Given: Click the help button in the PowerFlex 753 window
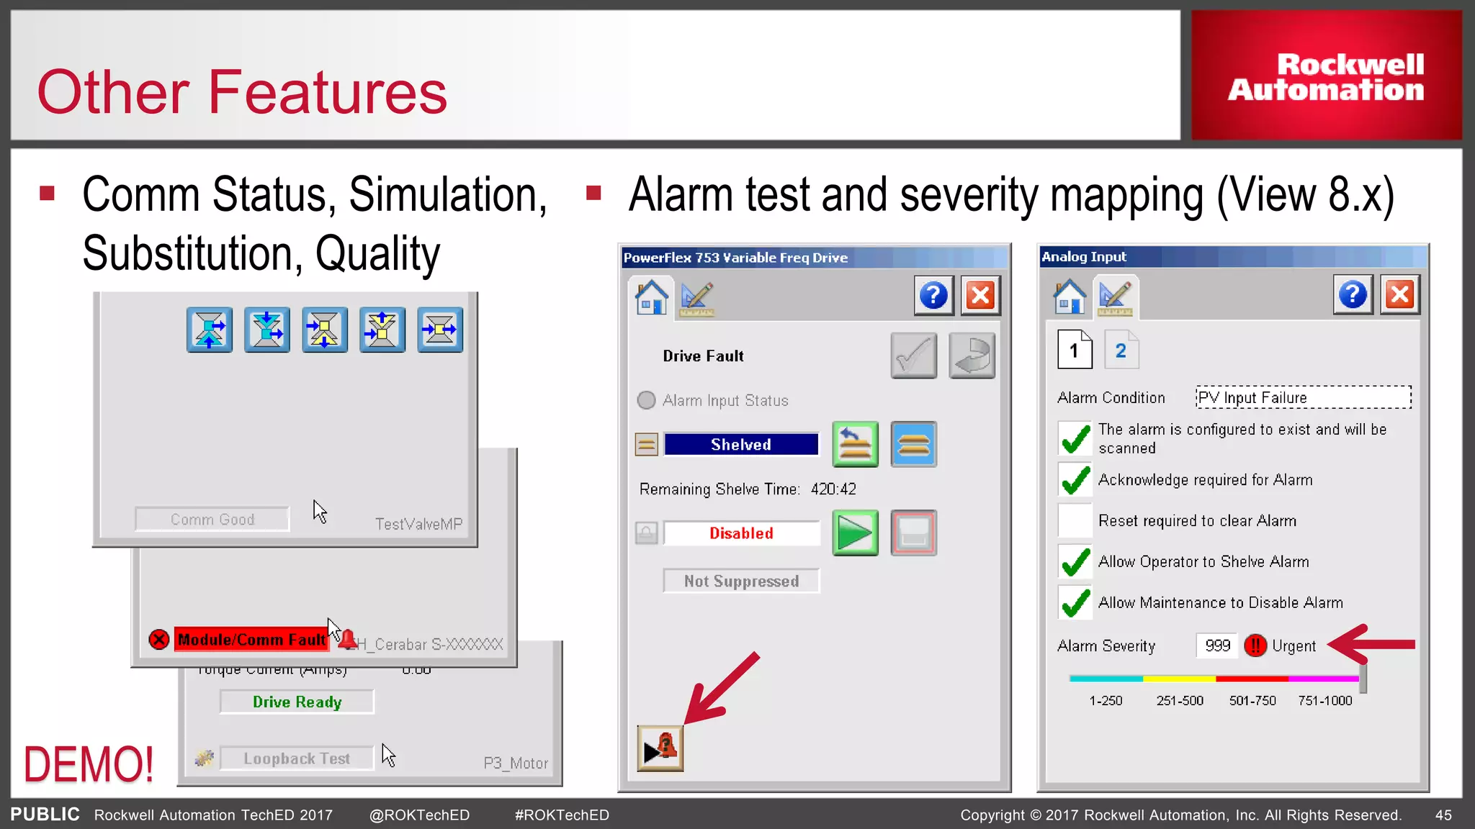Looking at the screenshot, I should point(933,295).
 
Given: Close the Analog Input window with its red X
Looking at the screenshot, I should point(1399,294).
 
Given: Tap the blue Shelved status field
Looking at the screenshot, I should point(741,445).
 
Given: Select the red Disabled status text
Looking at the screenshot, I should point(741,533).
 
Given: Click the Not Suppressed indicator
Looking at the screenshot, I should point(741,581).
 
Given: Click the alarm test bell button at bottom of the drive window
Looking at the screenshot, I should point(660,748).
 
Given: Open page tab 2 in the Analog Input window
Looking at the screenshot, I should point(1121,350).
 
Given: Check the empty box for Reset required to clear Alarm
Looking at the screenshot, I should point(1075,520).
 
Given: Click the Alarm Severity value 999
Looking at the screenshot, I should point(1217,645).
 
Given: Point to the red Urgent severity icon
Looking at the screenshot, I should point(1255,645).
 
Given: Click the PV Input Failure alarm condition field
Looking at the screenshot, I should point(1303,397).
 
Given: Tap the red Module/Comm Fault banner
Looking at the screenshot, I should point(251,640).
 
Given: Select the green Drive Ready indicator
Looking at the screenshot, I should point(297,702).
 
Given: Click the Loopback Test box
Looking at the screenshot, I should point(297,758).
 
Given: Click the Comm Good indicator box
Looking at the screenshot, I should point(212,520).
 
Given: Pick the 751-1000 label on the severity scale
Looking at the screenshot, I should point(1324,701).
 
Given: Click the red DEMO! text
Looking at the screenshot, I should point(89,764).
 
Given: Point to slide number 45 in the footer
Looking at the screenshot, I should point(1443,815).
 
